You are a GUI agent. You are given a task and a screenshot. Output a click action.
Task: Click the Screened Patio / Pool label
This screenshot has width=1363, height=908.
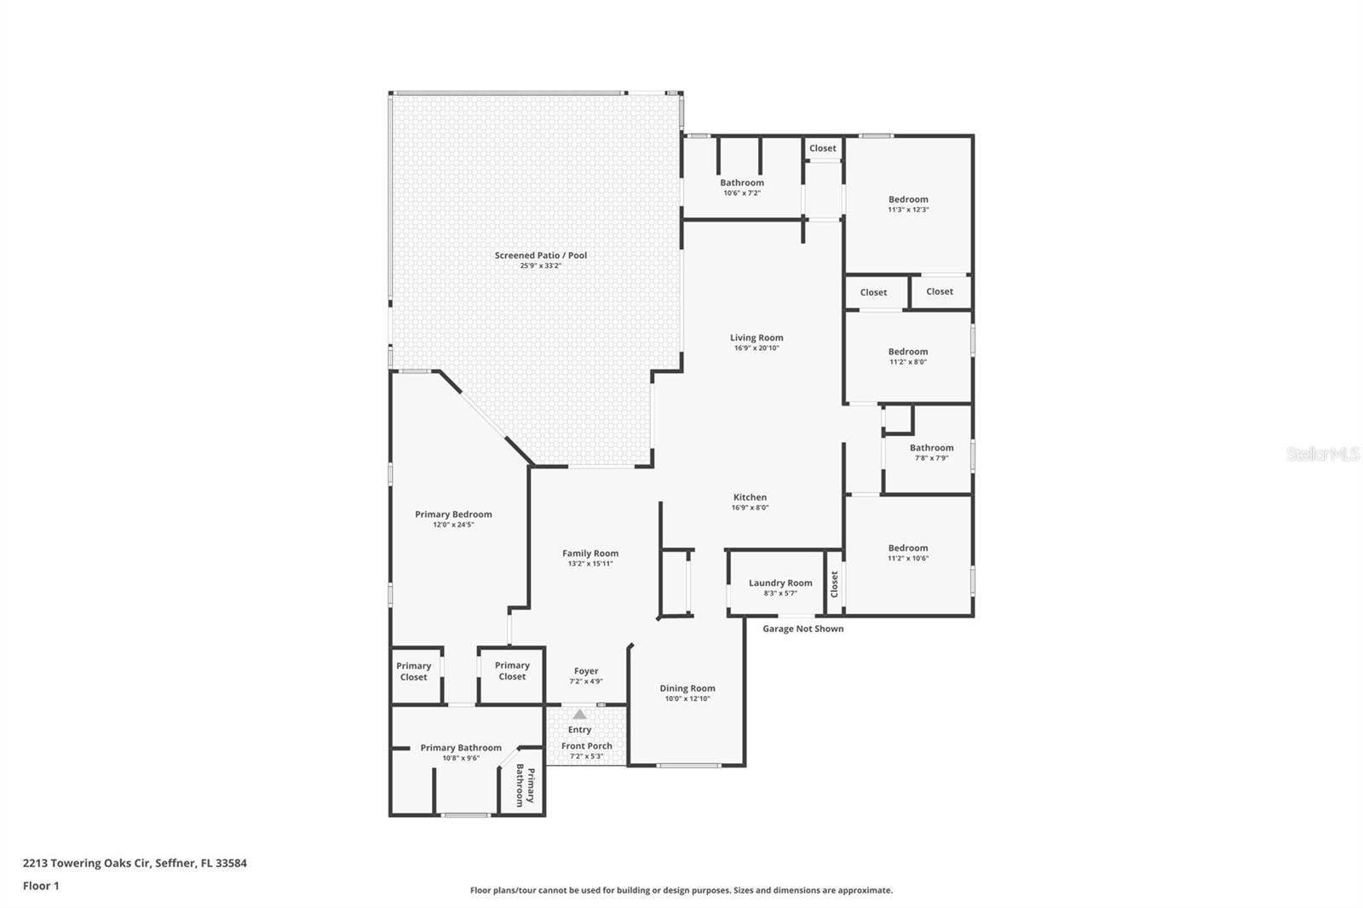click(x=541, y=256)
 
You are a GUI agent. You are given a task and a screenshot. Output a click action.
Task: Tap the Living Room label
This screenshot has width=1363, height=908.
click(x=756, y=337)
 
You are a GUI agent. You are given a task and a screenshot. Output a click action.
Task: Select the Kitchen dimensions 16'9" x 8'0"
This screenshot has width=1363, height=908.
click(x=750, y=508)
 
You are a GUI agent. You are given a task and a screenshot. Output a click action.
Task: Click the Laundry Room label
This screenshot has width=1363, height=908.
click(x=780, y=583)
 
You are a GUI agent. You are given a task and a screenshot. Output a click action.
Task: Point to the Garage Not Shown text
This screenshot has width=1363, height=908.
click(x=802, y=629)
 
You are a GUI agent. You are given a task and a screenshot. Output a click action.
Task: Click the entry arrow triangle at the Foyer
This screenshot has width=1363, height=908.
click(x=579, y=715)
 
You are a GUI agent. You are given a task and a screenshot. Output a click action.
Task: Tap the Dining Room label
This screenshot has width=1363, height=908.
click(x=687, y=688)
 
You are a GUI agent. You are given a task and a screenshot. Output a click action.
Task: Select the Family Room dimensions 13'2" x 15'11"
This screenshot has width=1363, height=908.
click(x=590, y=564)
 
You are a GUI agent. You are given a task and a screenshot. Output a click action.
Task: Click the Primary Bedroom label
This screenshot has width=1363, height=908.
click(x=453, y=514)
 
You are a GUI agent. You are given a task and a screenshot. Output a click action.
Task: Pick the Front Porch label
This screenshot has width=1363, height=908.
click(x=586, y=746)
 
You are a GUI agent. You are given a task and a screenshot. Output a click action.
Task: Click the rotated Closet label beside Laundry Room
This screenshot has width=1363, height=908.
click(x=835, y=583)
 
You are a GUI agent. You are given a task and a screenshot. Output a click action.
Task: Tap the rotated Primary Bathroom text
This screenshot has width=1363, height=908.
click(x=525, y=785)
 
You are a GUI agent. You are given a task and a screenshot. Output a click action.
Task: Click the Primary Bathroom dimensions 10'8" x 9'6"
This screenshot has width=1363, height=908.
click(x=461, y=758)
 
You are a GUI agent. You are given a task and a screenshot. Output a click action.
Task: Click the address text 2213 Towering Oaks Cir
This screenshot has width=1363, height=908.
click(x=88, y=863)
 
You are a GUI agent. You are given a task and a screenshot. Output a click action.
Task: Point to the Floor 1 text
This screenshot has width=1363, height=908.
click(x=41, y=886)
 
